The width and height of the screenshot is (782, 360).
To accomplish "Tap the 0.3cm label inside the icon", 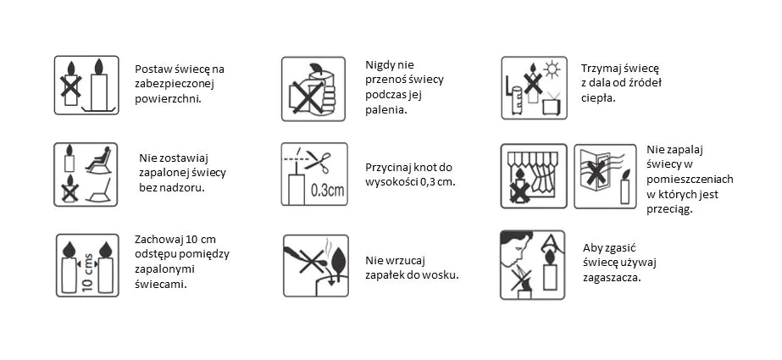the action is tap(327, 191).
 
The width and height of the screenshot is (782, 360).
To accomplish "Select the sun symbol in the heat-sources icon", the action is tap(552, 69).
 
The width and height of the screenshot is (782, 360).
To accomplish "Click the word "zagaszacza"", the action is tap(612, 278).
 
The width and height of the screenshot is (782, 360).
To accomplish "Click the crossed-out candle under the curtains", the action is tap(519, 186).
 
